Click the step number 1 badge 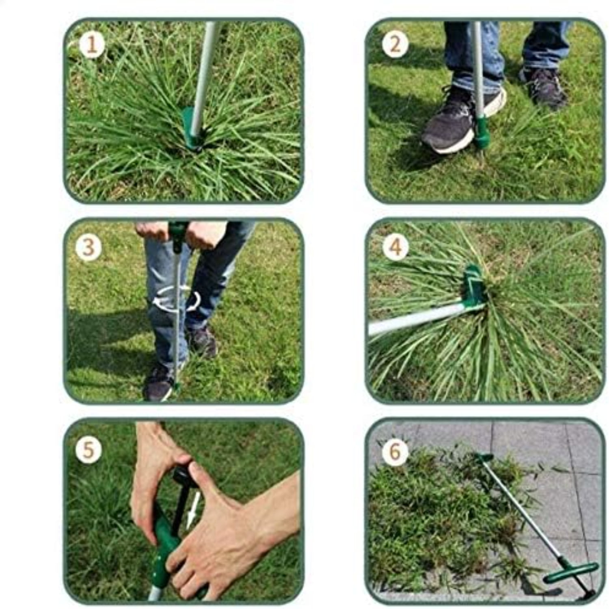[92, 45]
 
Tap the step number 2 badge [395, 45]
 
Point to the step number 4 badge [395, 246]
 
